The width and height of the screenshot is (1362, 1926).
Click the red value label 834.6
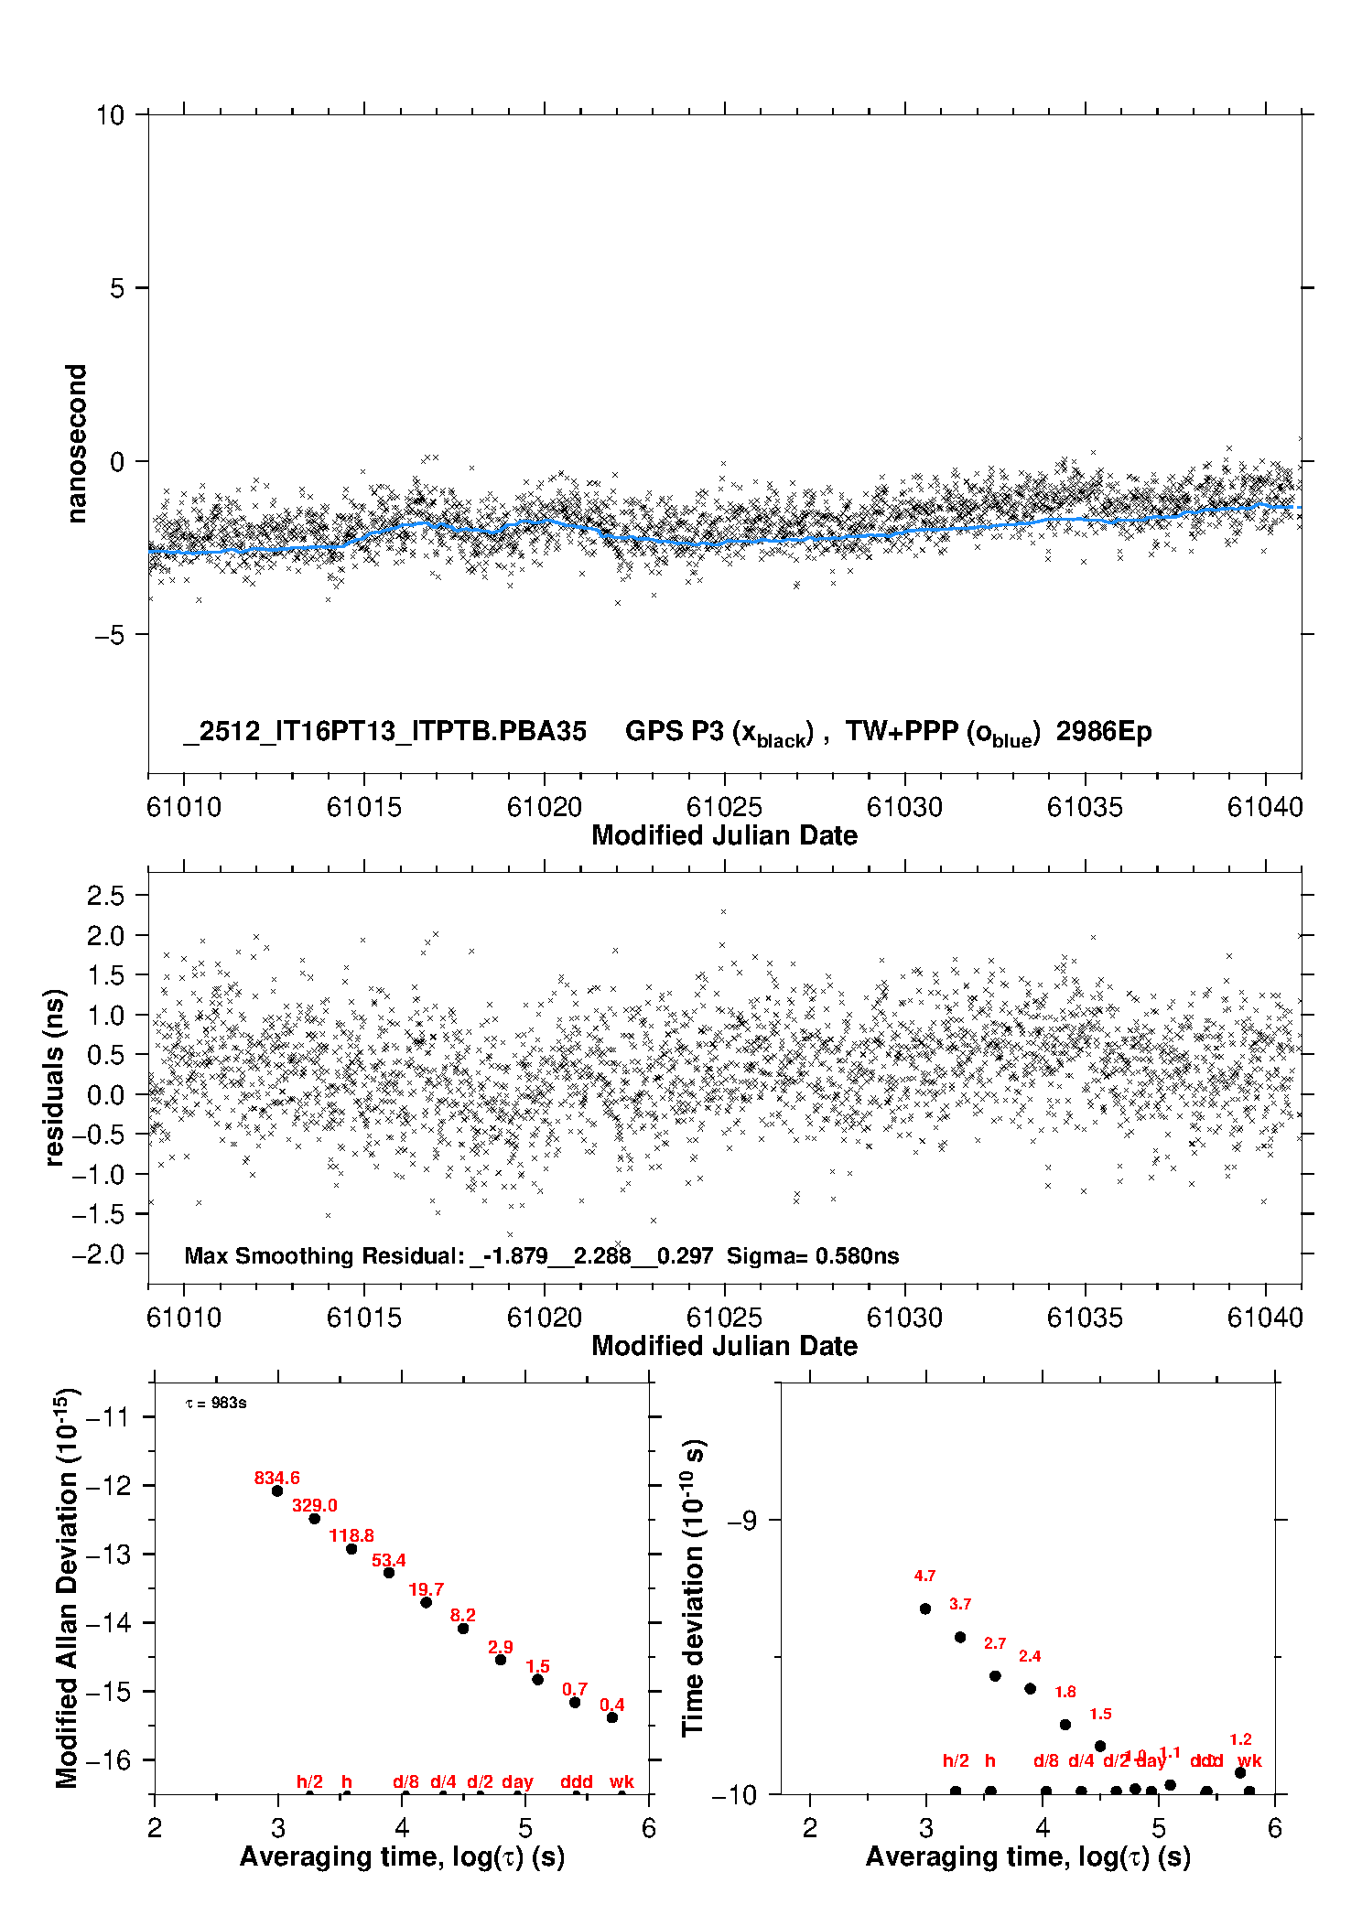click(x=276, y=1478)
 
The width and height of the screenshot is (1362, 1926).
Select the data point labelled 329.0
click(x=314, y=1518)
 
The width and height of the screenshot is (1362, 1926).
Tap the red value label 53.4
click(x=388, y=1560)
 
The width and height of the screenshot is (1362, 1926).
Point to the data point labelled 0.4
click(x=612, y=1717)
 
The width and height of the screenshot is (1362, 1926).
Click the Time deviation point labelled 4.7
click(x=925, y=1609)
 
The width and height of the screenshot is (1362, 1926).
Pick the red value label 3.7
click(x=960, y=1604)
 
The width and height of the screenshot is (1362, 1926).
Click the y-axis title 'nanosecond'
click(x=77, y=444)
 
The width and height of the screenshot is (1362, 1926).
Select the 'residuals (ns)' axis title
click(x=55, y=1077)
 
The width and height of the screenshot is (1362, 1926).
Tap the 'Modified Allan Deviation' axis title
click(x=67, y=1587)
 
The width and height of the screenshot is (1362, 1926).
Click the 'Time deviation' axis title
click(x=693, y=1587)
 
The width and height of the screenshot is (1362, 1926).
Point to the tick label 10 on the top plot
click(x=110, y=115)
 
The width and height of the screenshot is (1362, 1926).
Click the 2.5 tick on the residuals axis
click(x=105, y=896)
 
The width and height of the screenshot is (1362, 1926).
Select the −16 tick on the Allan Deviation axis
click(x=107, y=1759)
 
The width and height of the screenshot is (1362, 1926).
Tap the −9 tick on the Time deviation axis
click(x=740, y=1520)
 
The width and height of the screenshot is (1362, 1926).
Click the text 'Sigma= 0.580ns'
click(x=813, y=1255)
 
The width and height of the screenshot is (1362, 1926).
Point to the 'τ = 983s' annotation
click(x=216, y=1404)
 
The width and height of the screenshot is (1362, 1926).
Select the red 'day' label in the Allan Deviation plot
click(x=517, y=1781)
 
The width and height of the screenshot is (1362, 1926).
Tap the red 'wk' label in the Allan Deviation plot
click(x=622, y=1781)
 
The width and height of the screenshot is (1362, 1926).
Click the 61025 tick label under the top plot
click(x=724, y=807)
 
